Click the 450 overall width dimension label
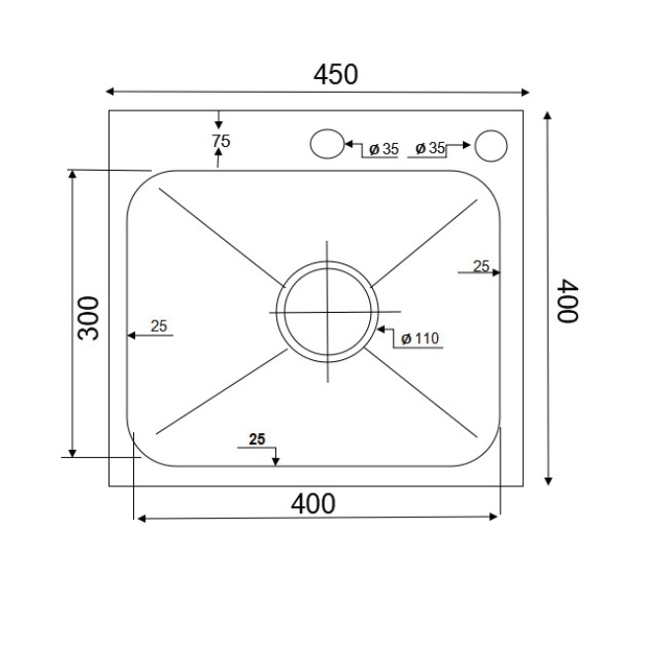(x=335, y=74)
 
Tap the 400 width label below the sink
(x=314, y=503)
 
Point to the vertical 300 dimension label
(x=89, y=317)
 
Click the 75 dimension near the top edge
(x=220, y=141)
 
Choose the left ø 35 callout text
(x=382, y=149)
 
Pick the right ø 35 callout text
(x=429, y=148)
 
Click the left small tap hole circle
(x=326, y=144)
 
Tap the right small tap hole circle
(x=490, y=145)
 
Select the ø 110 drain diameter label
(x=418, y=338)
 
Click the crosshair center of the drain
(x=327, y=312)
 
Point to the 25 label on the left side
(x=159, y=326)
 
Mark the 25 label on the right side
(x=482, y=265)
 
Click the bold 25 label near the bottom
(x=258, y=440)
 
